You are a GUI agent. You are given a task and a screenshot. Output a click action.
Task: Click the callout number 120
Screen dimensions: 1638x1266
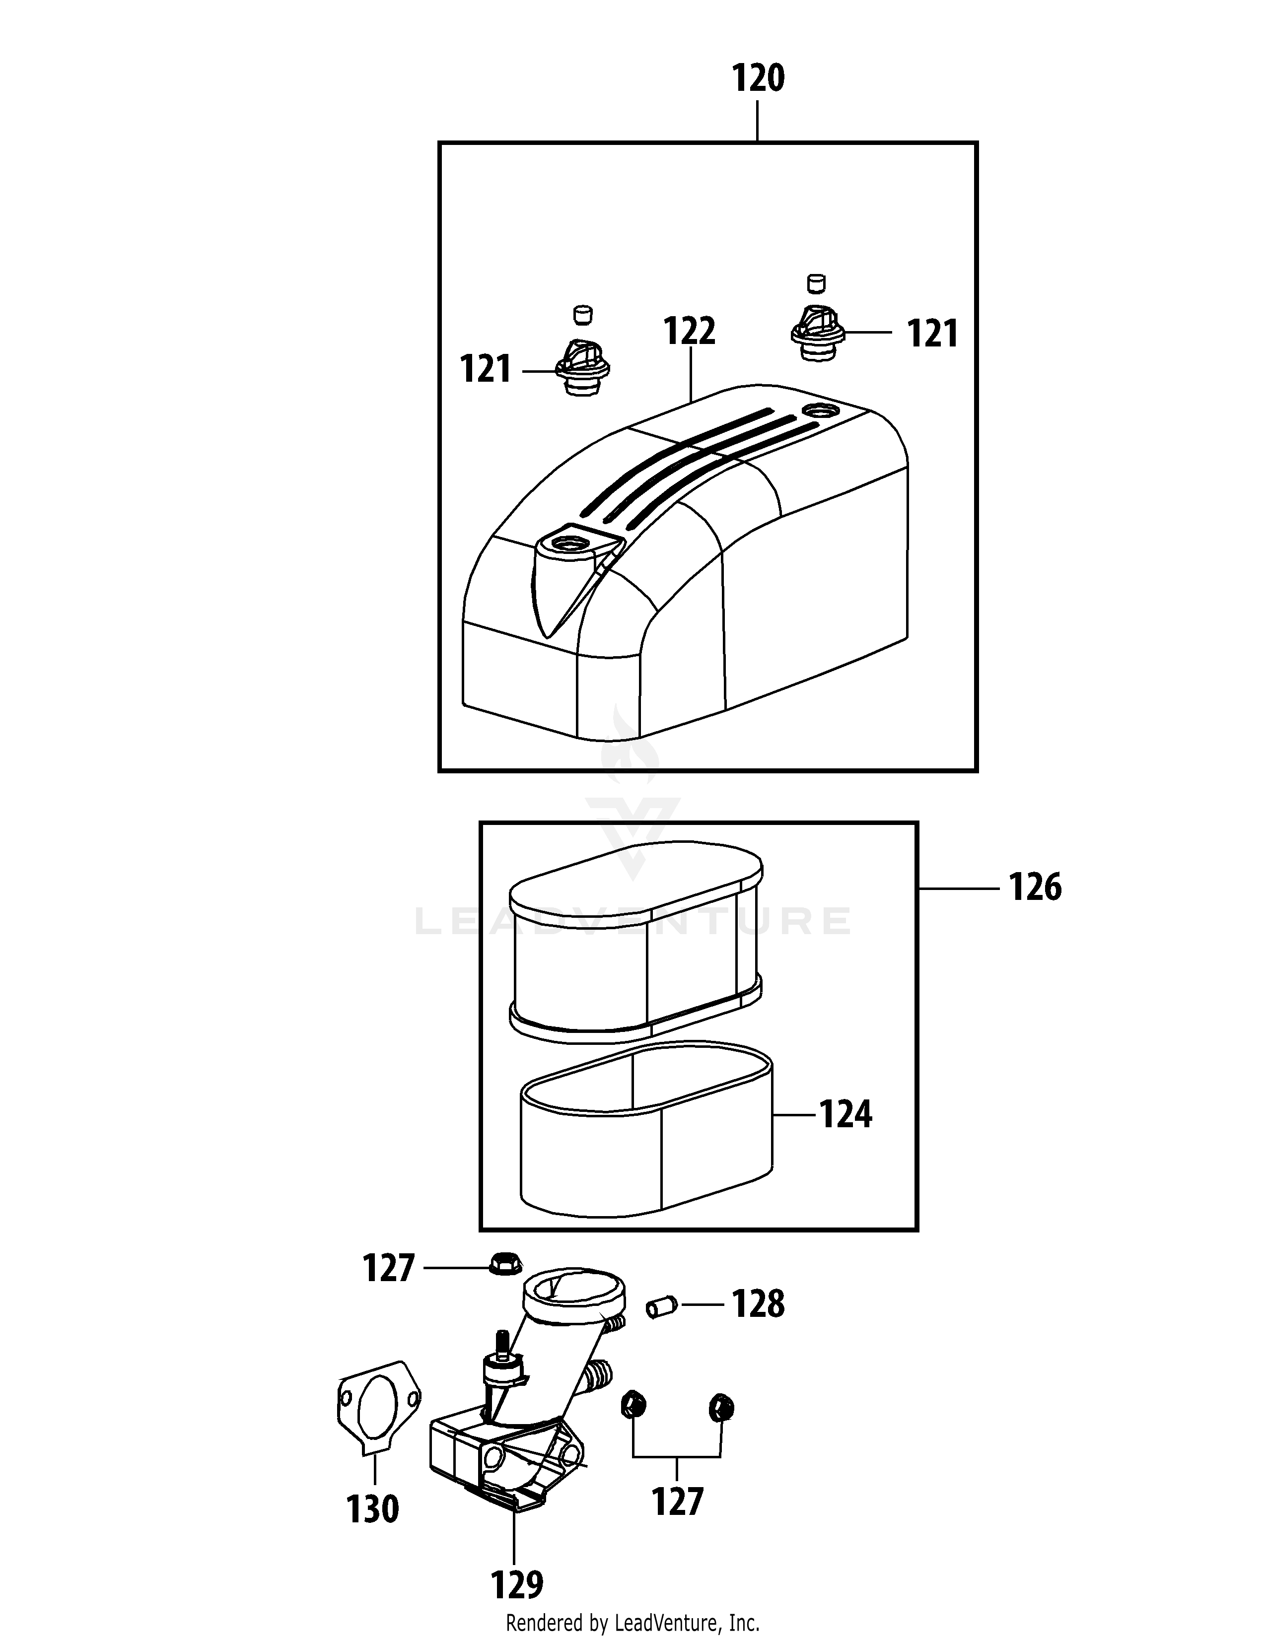pos(758,79)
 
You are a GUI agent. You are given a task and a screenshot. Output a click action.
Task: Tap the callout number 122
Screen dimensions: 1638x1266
pos(689,332)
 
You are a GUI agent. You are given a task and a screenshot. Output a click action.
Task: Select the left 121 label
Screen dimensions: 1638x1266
pos(485,370)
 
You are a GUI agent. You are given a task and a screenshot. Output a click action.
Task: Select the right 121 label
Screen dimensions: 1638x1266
pos(932,334)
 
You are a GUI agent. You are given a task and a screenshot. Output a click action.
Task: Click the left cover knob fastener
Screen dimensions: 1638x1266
pos(581,367)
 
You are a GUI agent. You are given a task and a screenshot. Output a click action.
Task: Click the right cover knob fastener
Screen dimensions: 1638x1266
pos(818,332)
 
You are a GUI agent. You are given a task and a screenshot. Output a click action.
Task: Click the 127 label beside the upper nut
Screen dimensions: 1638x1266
pos(389,1268)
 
